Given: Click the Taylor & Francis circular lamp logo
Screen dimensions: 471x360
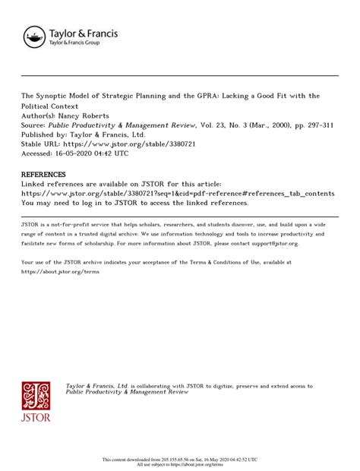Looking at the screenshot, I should [34, 36].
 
